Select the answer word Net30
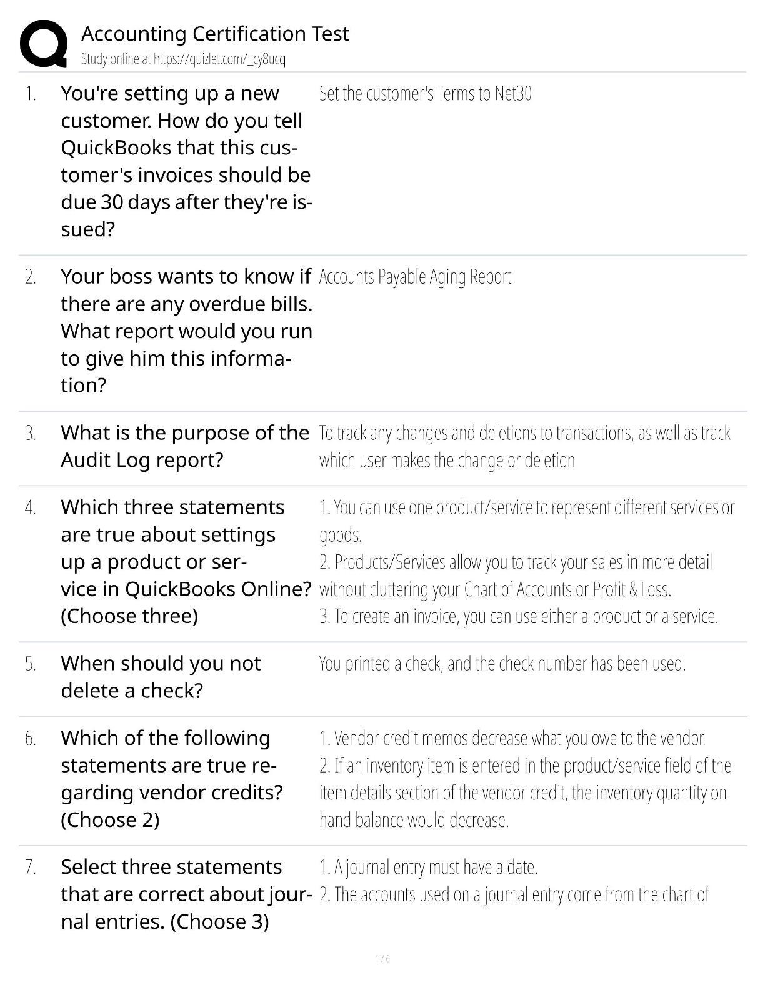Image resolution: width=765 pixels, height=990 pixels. [x=512, y=94]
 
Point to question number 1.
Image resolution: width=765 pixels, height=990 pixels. [x=31, y=94]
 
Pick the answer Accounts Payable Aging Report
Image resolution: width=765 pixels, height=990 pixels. [x=415, y=277]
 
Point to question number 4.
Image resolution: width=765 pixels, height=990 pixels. [x=31, y=508]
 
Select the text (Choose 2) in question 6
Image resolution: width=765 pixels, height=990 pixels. [x=110, y=819]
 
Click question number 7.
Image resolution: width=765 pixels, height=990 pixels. [x=31, y=867]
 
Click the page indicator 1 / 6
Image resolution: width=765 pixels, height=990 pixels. [x=382, y=959]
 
